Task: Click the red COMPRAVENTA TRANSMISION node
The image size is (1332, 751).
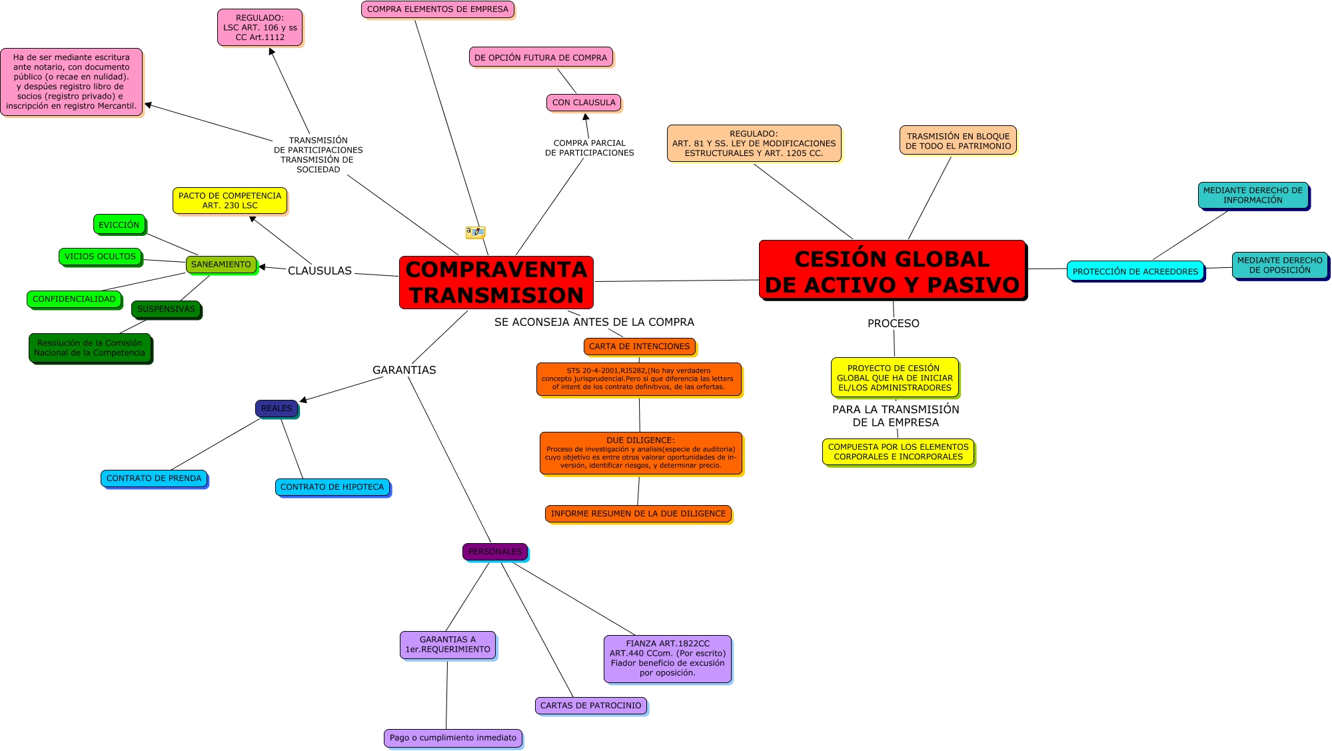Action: tap(496, 282)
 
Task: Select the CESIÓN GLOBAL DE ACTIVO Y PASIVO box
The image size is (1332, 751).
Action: tap(892, 271)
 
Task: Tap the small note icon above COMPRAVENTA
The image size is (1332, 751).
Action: tap(475, 232)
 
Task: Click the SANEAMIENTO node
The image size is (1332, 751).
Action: tap(221, 265)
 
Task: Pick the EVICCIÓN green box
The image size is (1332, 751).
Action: tap(119, 225)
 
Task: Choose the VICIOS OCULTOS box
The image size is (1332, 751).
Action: tap(100, 257)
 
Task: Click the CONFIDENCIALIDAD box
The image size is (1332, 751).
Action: tap(74, 299)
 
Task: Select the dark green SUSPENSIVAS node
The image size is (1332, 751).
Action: tap(166, 309)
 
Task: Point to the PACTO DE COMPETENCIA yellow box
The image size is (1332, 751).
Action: tap(230, 201)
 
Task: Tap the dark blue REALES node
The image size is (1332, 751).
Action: tap(277, 408)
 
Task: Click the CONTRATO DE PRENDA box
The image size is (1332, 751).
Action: tap(154, 478)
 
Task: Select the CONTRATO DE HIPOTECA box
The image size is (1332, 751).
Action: tap(332, 487)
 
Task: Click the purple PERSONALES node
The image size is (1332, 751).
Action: tap(495, 552)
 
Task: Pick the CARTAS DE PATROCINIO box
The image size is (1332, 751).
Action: tap(590, 706)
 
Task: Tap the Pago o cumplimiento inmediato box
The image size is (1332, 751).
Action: tap(453, 738)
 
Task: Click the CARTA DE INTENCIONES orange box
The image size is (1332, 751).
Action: tap(639, 347)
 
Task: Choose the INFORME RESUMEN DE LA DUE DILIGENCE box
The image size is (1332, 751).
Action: tap(638, 514)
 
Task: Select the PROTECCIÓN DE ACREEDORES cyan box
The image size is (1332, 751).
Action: tap(1135, 271)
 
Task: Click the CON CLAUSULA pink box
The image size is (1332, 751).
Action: tap(584, 103)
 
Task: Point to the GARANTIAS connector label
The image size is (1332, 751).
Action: tap(404, 370)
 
